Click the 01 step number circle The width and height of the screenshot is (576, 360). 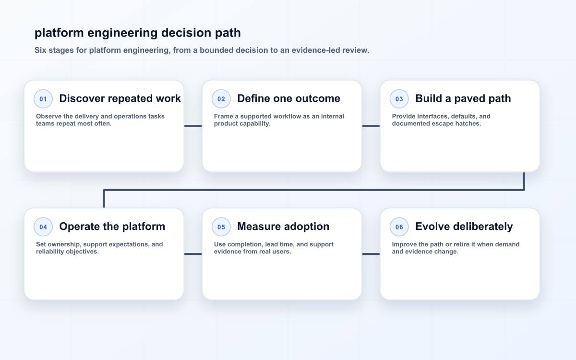pyautogui.click(x=43, y=99)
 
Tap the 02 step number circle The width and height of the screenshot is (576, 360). pyautogui.click(x=221, y=99)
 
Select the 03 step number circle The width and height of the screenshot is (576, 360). pyautogui.click(x=399, y=99)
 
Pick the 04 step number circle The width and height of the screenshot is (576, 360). pyautogui.click(x=43, y=227)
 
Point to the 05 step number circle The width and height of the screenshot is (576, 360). pyautogui.click(x=221, y=227)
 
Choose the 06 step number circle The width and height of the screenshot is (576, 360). pyautogui.click(x=399, y=227)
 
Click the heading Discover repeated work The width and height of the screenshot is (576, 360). pyautogui.click(x=120, y=98)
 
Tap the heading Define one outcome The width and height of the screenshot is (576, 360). pyautogui.click(x=289, y=98)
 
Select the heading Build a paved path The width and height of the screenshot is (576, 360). pyautogui.click(x=463, y=98)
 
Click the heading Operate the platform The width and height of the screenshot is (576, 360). pyautogui.click(x=112, y=227)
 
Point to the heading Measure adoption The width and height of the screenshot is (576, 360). pyautogui.click(x=283, y=227)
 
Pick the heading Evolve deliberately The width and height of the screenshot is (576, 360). pyautogui.click(x=464, y=227)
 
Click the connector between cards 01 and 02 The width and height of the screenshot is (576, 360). pyautogui.click(x=193, y=126)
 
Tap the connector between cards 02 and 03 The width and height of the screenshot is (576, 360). pyautogui.click(x=371, y=126)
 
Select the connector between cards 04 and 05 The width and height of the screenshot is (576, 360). pyautogui.click(x=193, y=254)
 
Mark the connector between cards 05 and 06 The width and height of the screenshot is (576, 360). pyautogui.click(x=371, y=254)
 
